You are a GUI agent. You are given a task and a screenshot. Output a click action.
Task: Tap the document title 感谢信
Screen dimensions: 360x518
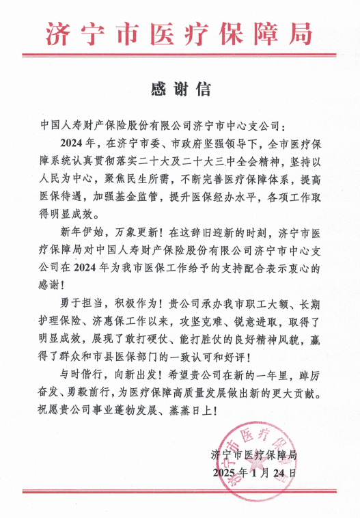pyautogui.click(x=180, y=89)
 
